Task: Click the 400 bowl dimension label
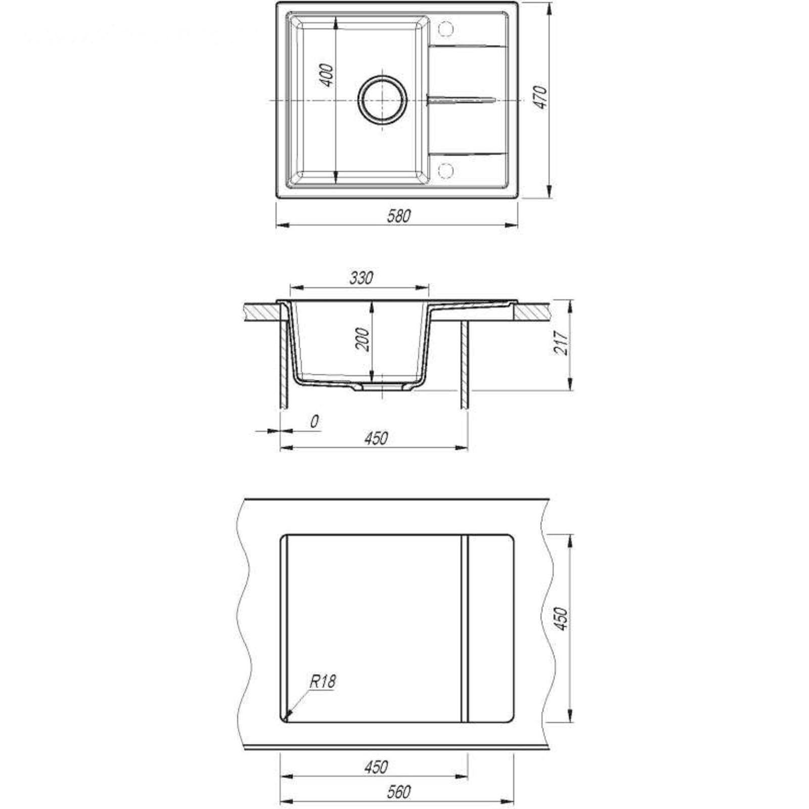point(328,75)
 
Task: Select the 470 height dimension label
point(541,97)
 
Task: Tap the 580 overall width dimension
point(399,216)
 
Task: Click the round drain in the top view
point(382,100)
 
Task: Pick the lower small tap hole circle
point(445,171)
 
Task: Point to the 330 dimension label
point(361,278)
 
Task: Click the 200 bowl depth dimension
point(363,339)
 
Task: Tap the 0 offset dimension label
point(314,421)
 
